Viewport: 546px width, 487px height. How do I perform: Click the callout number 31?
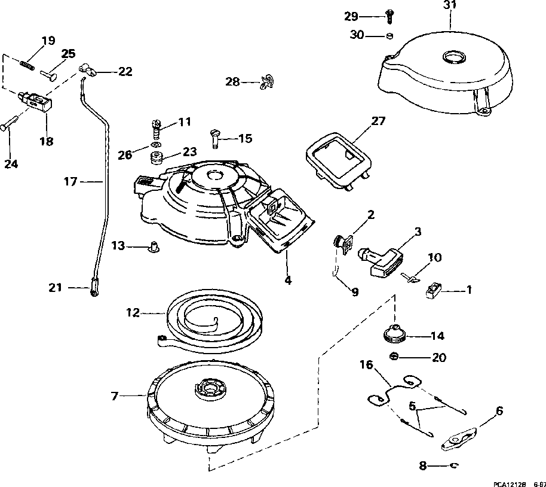450,5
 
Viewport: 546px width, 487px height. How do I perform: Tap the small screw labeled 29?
389,17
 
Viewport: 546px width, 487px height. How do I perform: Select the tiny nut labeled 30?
389,35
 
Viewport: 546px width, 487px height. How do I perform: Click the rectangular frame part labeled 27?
339,161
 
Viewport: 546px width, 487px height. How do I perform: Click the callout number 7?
115,397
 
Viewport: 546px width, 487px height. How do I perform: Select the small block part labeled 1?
434,290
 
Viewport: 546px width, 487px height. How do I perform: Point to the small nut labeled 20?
394,357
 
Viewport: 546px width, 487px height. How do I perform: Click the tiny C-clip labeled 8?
455,465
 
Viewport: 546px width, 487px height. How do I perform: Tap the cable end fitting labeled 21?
94,288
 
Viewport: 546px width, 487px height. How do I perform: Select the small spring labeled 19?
27,65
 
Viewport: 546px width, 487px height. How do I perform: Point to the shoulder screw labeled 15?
214,139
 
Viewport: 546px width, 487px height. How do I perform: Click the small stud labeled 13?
153,246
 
